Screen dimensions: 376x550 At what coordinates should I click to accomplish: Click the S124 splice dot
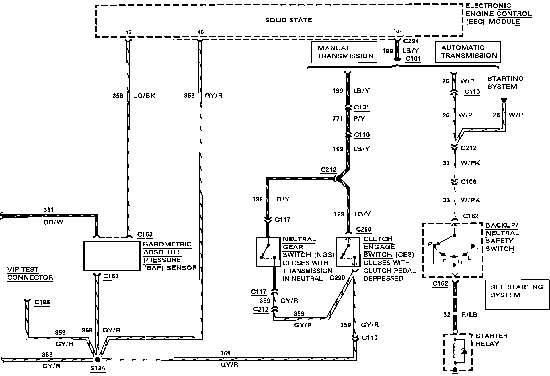coord(97,359)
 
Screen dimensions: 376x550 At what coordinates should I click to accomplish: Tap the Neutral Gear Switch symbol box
coord(268,252)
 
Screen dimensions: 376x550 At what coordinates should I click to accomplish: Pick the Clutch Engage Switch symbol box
coord(348,252)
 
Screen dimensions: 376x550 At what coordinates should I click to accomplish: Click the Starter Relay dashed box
coord(458,352)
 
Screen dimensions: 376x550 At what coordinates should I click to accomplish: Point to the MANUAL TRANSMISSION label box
coord(344,52)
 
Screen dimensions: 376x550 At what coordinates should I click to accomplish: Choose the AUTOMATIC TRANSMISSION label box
coord(467,52)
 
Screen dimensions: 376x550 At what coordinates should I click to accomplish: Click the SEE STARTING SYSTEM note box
coord(517,295)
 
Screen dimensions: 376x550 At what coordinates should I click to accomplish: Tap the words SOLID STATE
coord(288,20)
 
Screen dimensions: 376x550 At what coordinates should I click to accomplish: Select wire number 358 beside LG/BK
coord(118,95)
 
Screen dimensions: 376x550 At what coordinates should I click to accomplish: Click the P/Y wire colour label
coord(359,118)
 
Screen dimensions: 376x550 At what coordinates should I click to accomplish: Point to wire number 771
coord(338,118)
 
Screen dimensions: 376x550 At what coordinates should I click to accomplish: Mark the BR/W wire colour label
coord(53,222)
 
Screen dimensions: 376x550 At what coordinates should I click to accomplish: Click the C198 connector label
coord(42,302)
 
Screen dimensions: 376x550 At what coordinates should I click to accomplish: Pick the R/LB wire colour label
coord(469,315)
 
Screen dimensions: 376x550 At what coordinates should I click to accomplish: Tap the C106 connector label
coord(469,182)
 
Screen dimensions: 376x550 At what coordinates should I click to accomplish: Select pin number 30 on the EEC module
coord(397,32)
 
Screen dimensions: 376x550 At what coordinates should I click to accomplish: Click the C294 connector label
coord(411,41)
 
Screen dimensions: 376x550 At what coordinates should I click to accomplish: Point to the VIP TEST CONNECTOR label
coord(30,273)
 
